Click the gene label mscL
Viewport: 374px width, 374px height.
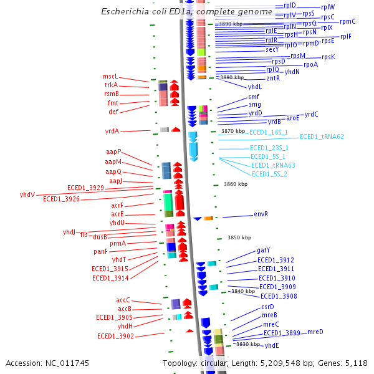[x=110, y=76]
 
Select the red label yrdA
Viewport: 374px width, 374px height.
[x=112, y=131]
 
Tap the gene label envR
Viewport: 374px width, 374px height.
[x=261, y=214]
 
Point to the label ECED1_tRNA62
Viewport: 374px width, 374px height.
[x=322, y=137]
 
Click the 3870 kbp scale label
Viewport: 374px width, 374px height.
[x=233, y=131]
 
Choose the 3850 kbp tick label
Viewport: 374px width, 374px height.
[x=238, y=237]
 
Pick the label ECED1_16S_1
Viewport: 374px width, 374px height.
[x=268, y=132]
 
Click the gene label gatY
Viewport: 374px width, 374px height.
[x=263, y=251]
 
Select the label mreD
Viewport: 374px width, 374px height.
[x=315, y=332]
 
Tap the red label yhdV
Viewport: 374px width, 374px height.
[x=27, y=194]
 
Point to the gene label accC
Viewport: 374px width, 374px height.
[x=123, y=300]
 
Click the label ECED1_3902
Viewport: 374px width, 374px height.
[x=115, y=336]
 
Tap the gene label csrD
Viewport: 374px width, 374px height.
[x=268, y=307]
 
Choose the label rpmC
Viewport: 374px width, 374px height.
[x=348, y=21]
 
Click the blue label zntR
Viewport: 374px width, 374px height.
[x=273, y=78]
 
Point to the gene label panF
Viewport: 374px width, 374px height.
[x=101, y=251]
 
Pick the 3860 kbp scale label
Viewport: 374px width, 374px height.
[x=236, y=184]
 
